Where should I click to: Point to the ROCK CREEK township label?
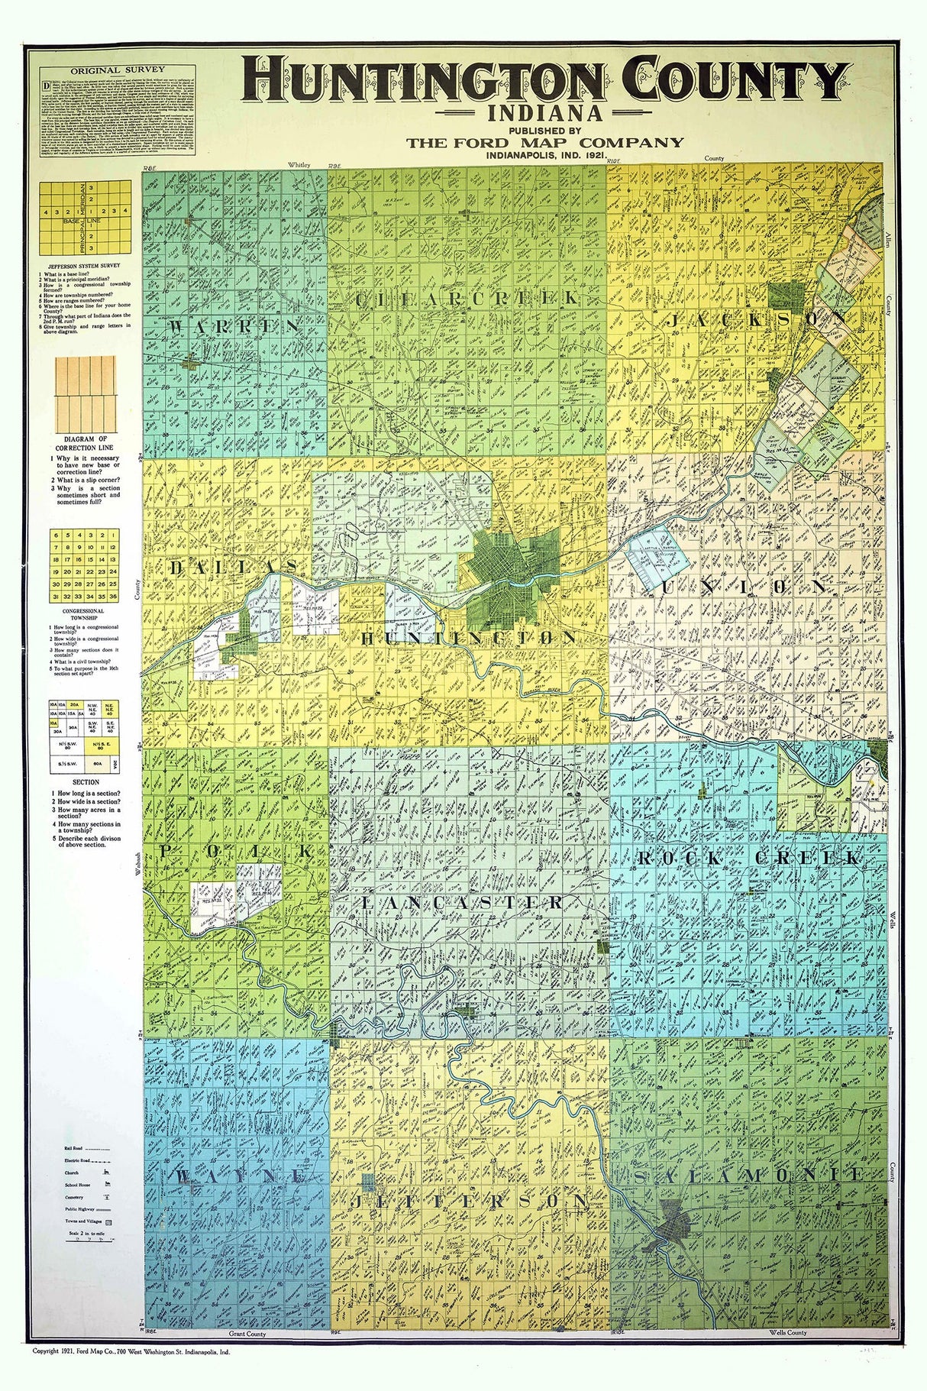pos(748,858)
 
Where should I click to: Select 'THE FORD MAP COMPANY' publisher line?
pos(544,142)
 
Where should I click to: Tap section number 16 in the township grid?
pos(91,559)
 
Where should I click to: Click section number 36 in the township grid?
pos(113,596)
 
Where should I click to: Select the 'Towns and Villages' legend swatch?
pos(108,1222)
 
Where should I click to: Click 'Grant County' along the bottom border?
pos(247,1334)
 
